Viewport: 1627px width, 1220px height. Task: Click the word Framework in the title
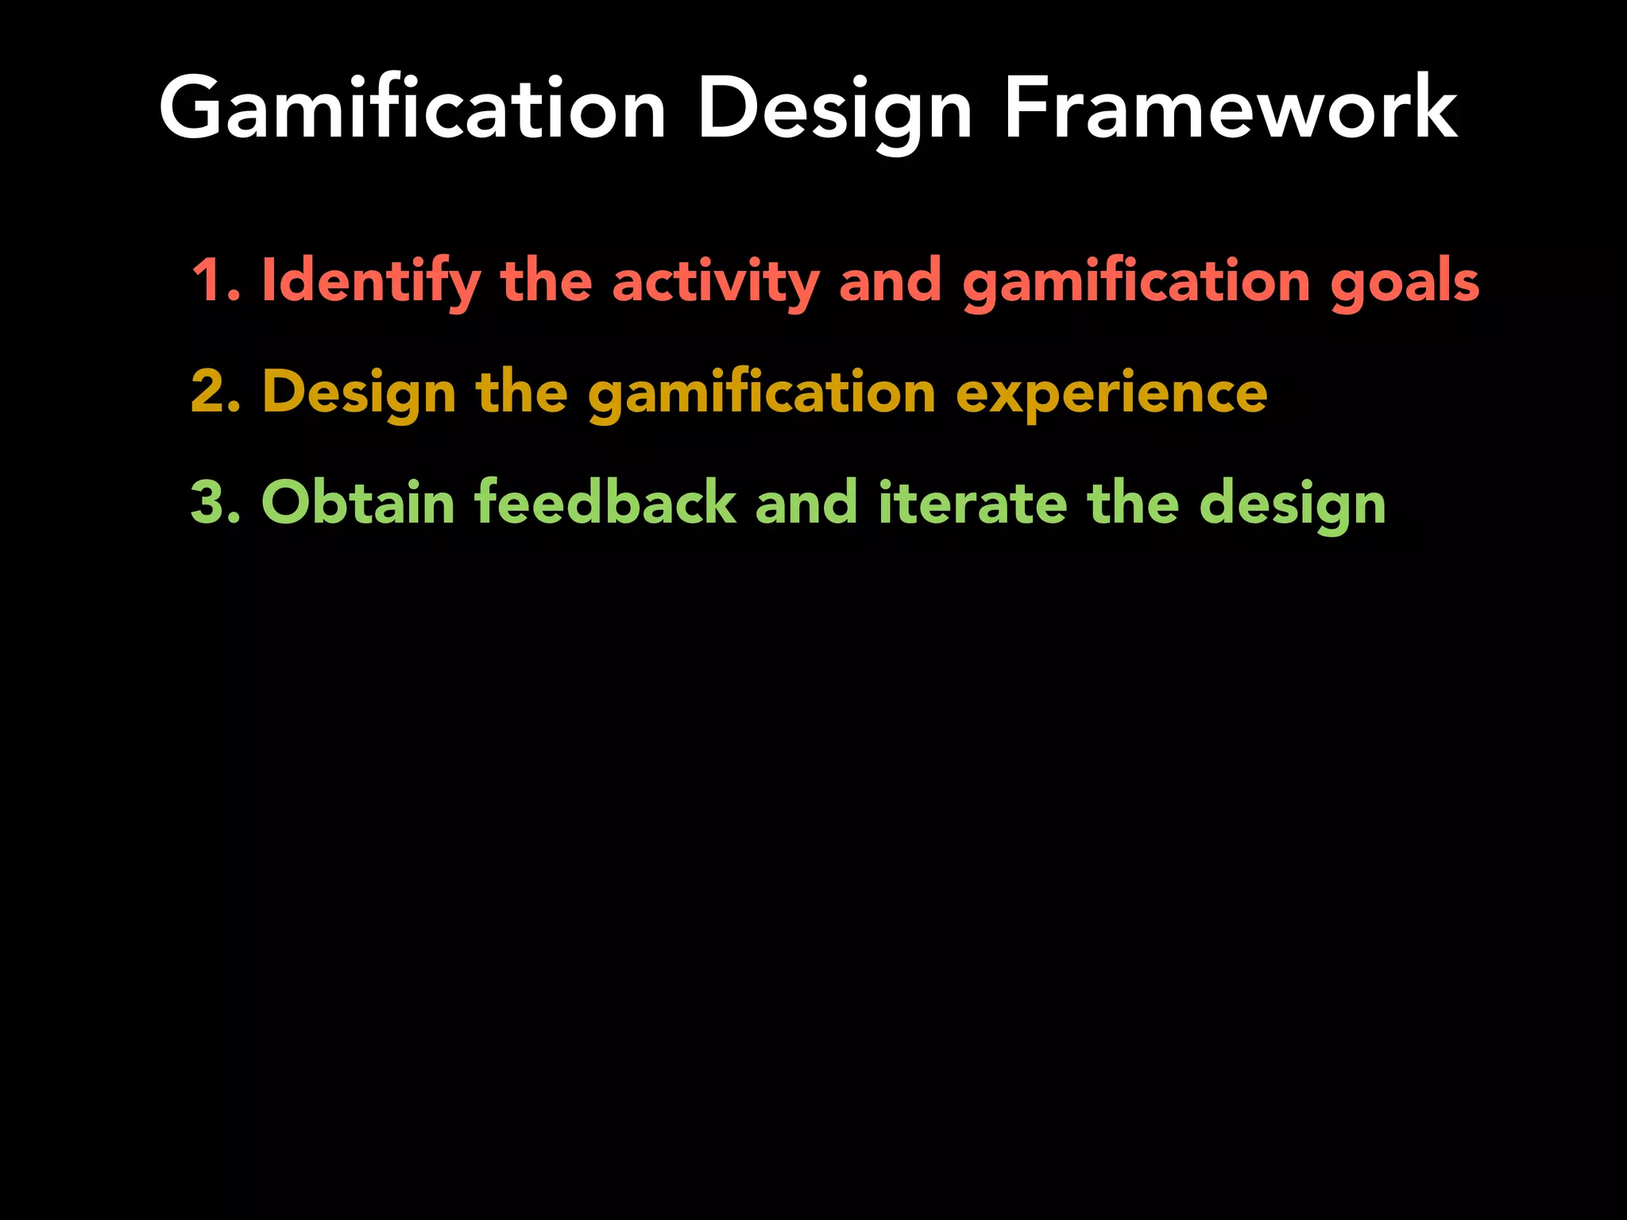point(1230,109)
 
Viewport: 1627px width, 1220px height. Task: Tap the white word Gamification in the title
point(412,109)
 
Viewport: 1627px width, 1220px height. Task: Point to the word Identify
point(371,281)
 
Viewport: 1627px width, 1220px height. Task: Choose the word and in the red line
point(890,281)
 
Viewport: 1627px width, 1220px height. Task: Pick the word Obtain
point(357,504)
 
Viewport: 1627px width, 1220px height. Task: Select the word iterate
point(972,504)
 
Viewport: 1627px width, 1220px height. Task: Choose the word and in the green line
point(806,504)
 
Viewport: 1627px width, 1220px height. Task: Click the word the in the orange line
point(521,392)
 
